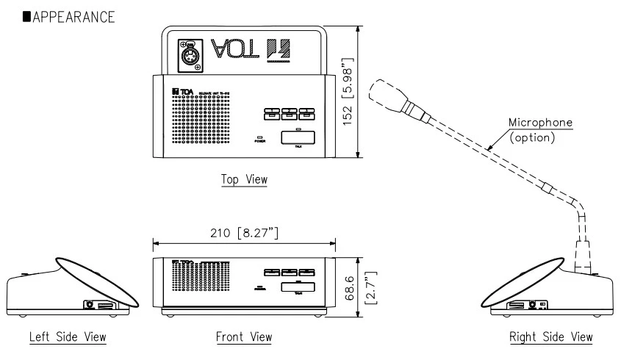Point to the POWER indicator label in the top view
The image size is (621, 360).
(x=260, y=141)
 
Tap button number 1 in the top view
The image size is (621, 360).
(x=270, y=113)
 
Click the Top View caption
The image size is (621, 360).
(x=243, y=180)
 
